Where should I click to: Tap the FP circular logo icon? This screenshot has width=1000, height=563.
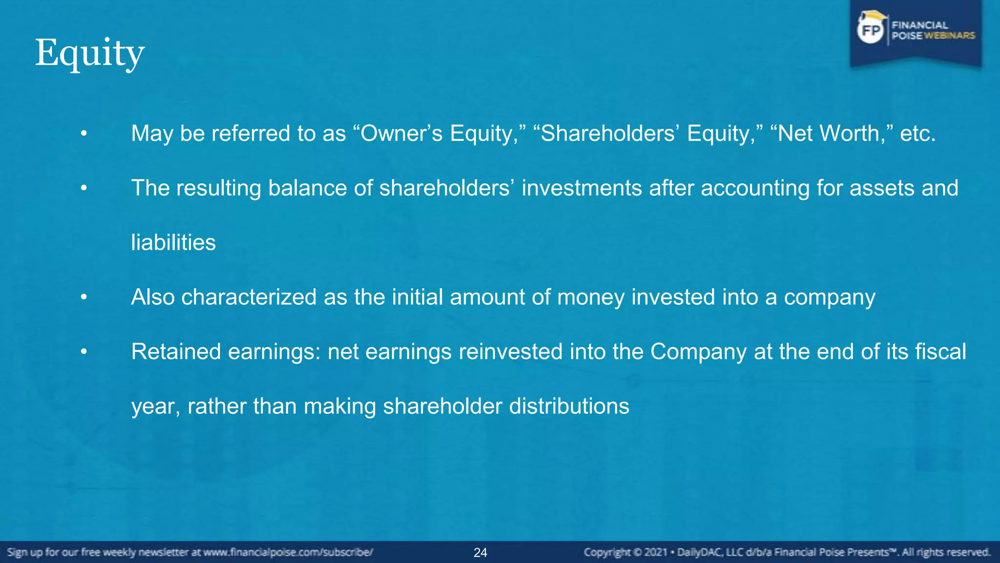point(871,31)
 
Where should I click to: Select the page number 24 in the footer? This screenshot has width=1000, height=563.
point(480,553)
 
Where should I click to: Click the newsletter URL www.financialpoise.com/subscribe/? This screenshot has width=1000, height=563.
point(288,553)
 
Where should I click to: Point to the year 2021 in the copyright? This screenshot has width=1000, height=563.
point(655,553)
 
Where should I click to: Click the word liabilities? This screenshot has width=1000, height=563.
point(173,242)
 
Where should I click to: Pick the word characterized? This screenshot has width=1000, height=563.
point(249,297)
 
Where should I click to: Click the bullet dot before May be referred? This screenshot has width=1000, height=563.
point(84,133)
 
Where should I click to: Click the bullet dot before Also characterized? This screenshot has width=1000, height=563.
point(84,297)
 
